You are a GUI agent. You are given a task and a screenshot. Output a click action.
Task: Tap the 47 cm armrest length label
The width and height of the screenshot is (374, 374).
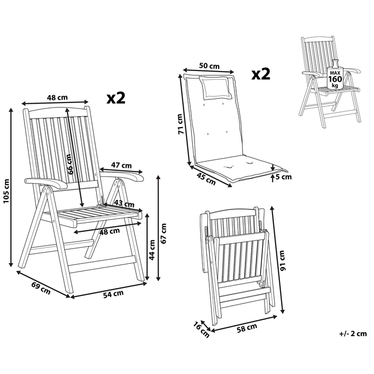(x=122, y=165)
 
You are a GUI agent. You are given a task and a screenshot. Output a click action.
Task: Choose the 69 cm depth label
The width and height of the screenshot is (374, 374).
(x=41, y=288)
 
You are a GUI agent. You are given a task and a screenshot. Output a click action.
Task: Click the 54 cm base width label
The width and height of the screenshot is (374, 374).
(x=113, y=293)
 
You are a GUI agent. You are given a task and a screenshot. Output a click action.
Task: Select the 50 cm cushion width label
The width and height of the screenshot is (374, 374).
(x=209, y=66)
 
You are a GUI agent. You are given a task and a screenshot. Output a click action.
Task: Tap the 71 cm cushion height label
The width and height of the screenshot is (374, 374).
(x=181, y=124)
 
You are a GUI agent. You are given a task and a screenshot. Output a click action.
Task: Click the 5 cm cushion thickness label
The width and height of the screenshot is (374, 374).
(x=284, y=176)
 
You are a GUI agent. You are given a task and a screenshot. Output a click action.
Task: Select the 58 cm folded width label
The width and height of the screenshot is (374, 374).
(x=247, y=326)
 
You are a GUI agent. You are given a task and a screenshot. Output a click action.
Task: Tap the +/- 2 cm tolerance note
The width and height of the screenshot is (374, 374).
(x=353, y=334)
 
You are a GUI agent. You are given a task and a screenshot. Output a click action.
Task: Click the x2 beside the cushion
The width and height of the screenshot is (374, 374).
(x=261, y=73)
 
